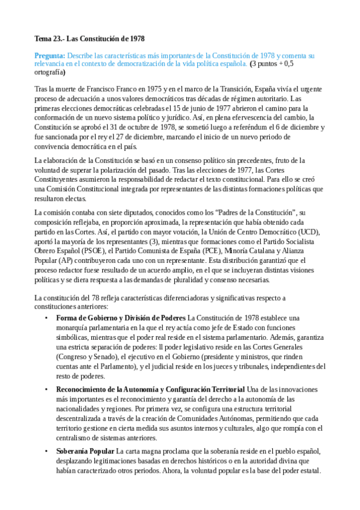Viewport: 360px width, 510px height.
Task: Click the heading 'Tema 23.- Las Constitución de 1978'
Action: (x=89, y=39)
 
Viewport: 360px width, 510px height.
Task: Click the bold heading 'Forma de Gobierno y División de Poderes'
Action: (x=120, y=317)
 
